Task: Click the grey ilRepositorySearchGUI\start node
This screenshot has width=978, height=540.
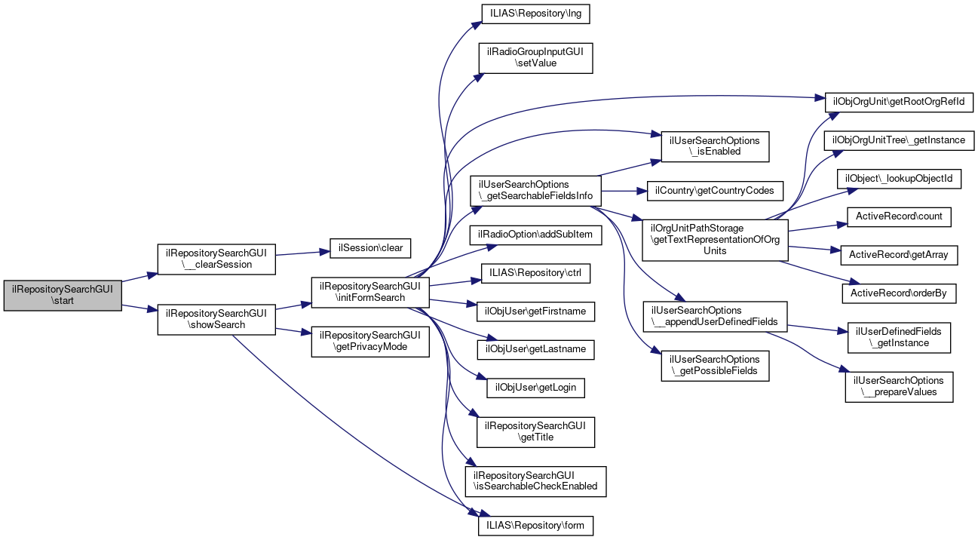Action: pos(63,295)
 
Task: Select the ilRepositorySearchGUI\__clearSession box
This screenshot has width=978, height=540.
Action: pos(216,258)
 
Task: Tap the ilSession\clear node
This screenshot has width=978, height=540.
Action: pos(371,247)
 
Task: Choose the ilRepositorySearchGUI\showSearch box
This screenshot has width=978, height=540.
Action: pos(216,319)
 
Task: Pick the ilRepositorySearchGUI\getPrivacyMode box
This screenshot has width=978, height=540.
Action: pos(370,341)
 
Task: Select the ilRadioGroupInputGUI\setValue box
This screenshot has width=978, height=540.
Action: pos(535,57)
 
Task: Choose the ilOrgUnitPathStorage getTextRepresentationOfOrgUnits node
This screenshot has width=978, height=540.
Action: pos(713,239)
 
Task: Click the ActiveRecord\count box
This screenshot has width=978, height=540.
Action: pos(899,216)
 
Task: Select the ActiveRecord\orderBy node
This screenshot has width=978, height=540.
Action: pos(899,293)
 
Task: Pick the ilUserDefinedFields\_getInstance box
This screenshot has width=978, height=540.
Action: pos(899,337)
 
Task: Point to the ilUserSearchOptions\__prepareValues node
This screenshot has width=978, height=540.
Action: pos(899,386)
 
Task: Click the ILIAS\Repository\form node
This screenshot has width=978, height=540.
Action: pos(535,525)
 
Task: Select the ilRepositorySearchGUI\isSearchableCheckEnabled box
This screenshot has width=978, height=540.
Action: pos(535,480)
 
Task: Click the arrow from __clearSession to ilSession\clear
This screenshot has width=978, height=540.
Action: pos(302,252)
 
